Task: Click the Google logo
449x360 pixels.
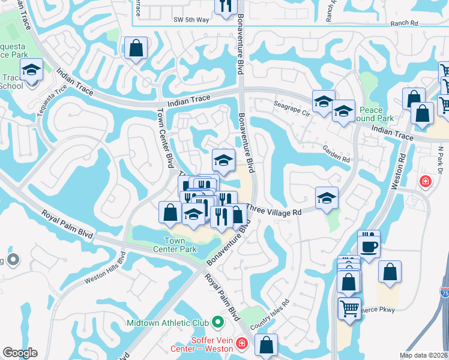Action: tap(20, 353)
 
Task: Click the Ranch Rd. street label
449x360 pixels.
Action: tap(403, 23)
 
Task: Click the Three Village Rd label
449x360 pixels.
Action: tap(274, 212)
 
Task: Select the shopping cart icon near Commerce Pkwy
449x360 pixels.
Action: tap(349, 308)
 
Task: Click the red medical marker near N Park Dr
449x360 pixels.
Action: tap(426, 181)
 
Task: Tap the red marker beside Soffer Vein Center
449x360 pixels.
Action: tap(241, 343)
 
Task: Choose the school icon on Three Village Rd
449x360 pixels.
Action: tap(326, 197)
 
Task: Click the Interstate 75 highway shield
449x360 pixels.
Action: tap(444, 293)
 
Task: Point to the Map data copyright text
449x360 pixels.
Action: tap(424, 355)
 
